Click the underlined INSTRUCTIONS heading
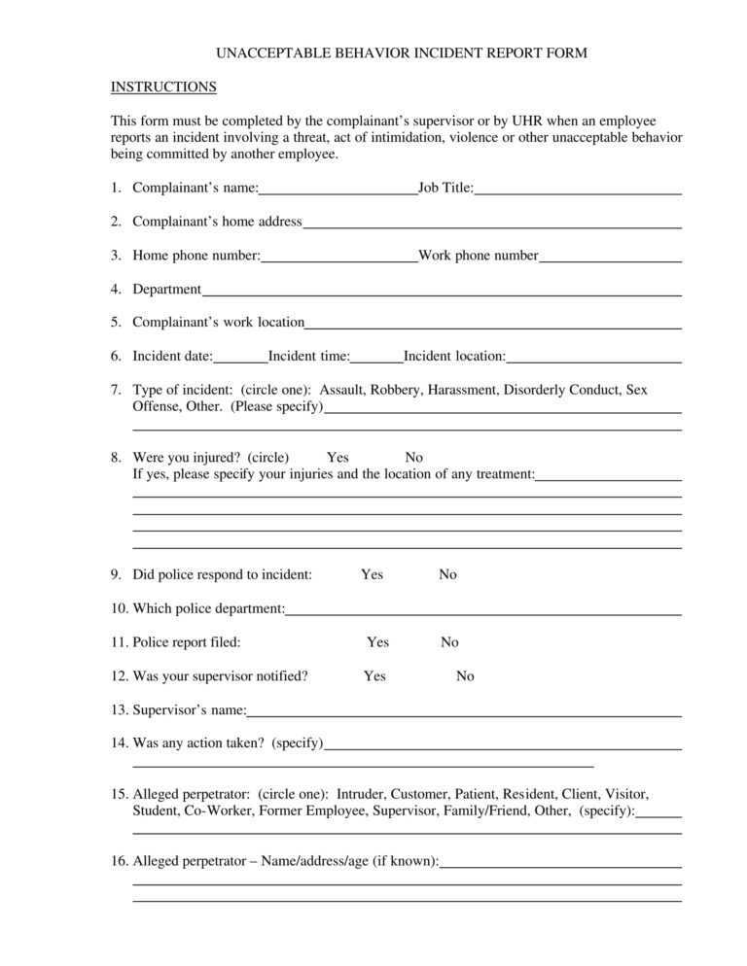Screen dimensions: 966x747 click(163, 87)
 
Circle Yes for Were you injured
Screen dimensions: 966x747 click(338, 458)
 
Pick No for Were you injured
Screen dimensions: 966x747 click(413, 458)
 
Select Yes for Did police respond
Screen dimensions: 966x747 click(372, 574)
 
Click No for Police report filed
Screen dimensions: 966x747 click(449, 642)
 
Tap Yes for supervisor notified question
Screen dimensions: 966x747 click(374, 676)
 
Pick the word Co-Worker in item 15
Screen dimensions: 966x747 click(219, 811)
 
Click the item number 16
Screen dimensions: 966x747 click(119, 861)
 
